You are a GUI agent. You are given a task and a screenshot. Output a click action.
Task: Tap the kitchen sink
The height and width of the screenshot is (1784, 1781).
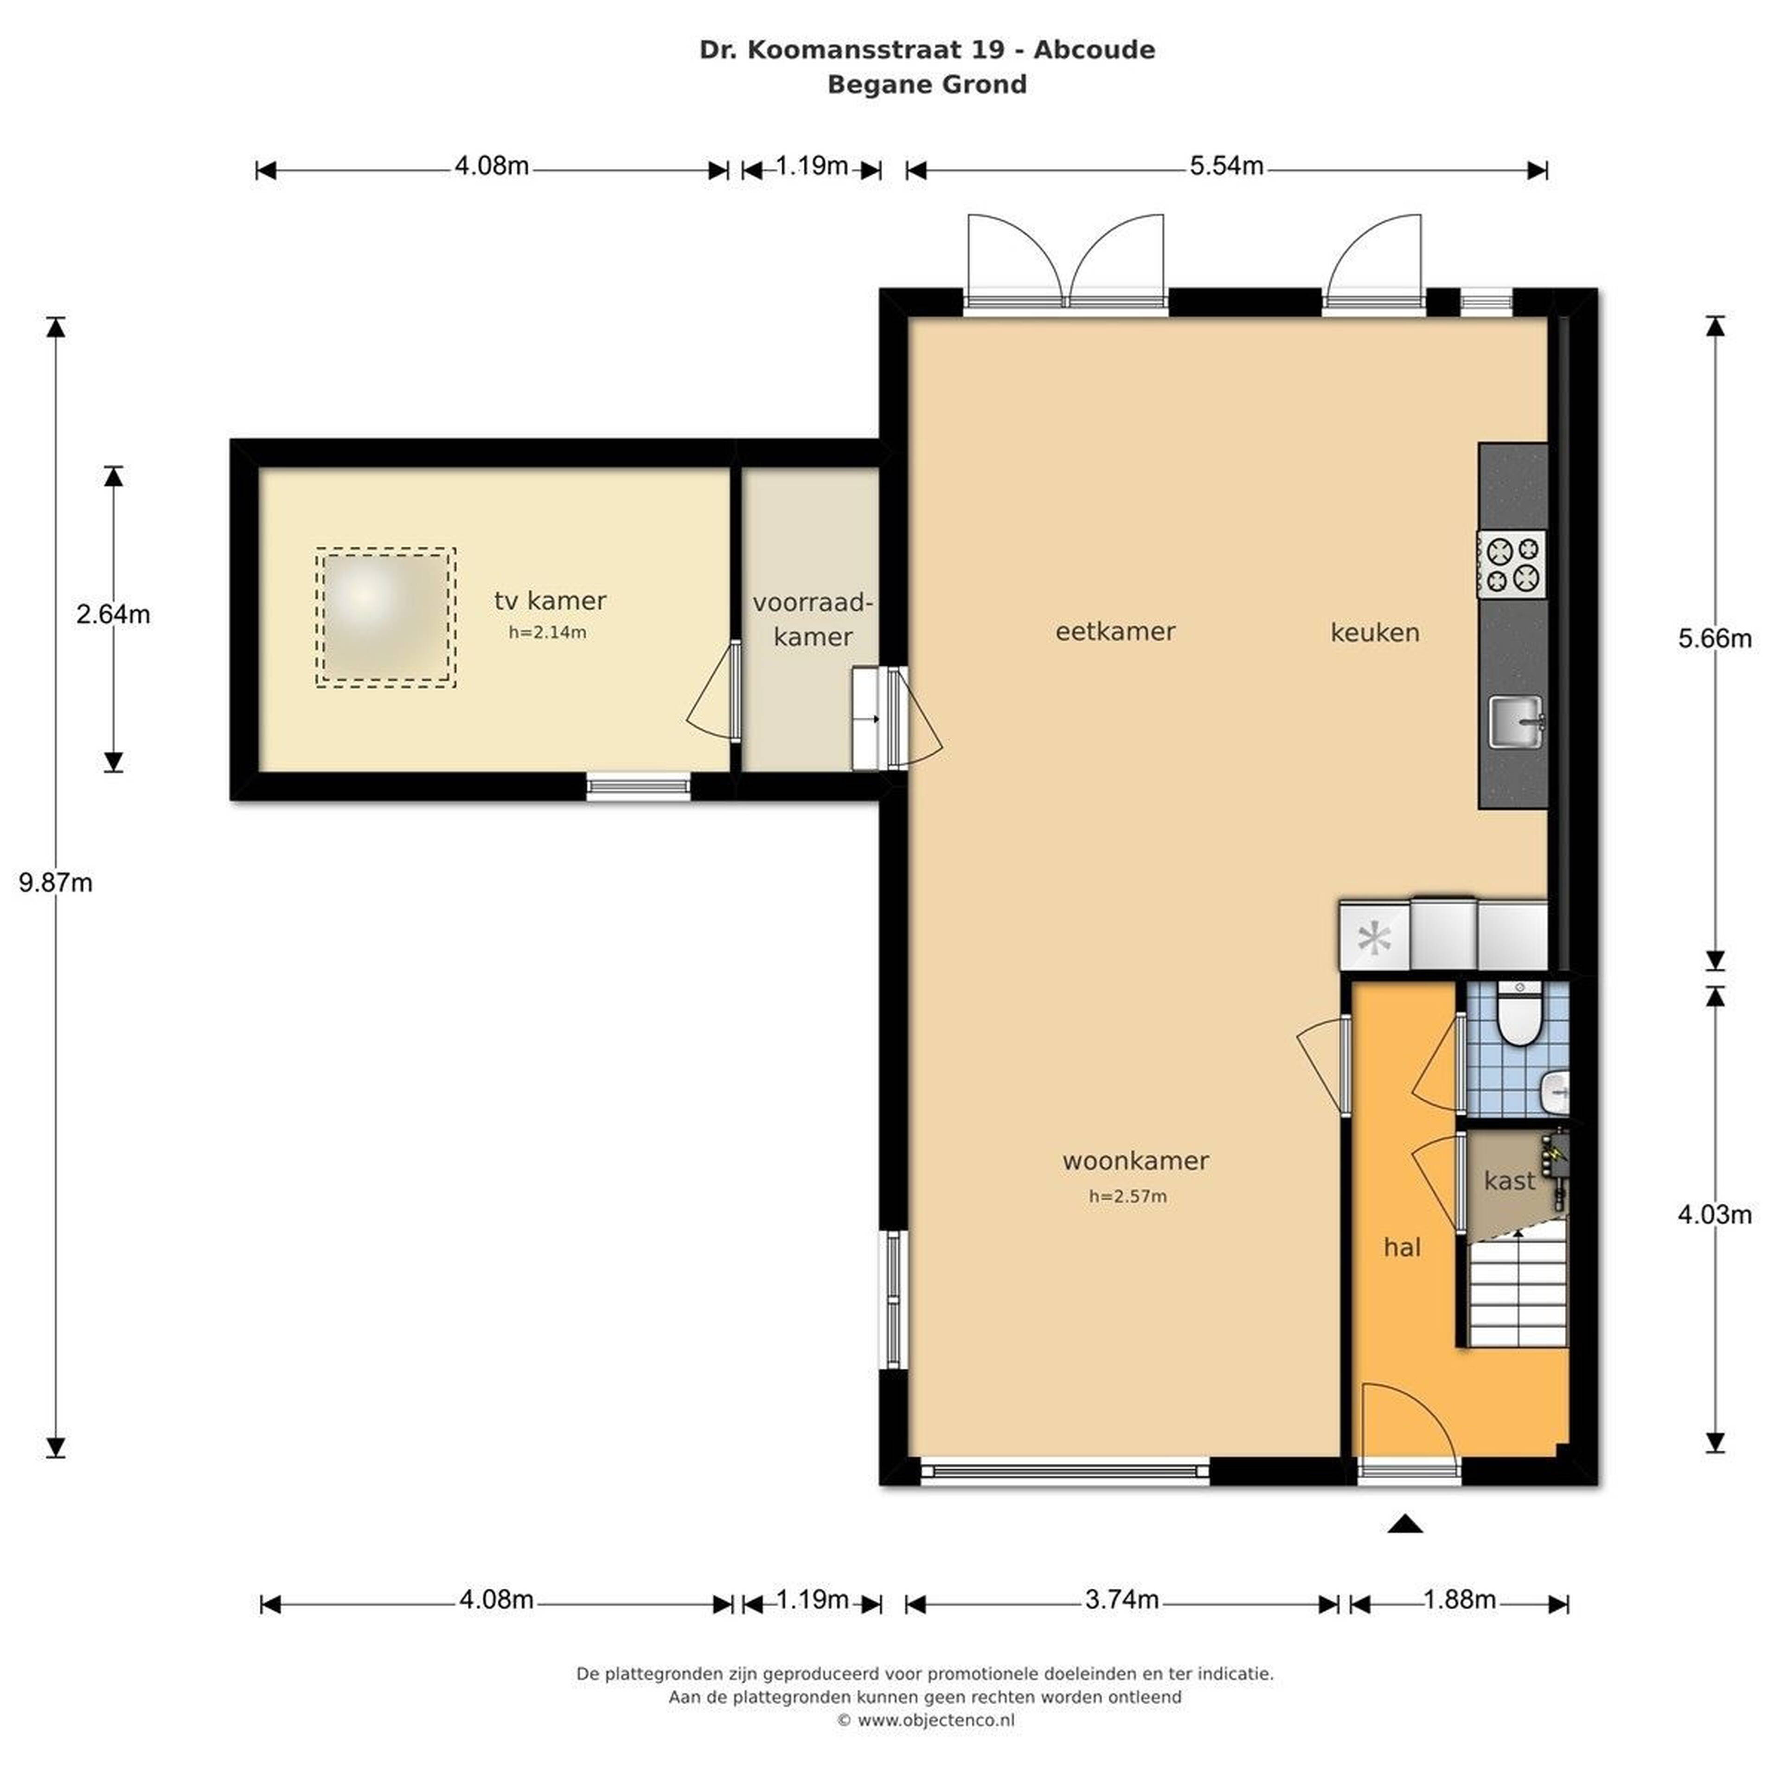click(x=1516, y=721)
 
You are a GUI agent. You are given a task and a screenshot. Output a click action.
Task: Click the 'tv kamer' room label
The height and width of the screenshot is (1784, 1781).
click(x=550, y=601)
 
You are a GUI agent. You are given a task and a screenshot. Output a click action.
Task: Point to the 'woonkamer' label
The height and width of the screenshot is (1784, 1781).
click(x=1136, y=1161)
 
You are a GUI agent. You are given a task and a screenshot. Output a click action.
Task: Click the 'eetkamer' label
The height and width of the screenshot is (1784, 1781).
click(x=1115, y=632)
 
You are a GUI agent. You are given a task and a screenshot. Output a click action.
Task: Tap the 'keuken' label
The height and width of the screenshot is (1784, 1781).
click(x=1375, y=633)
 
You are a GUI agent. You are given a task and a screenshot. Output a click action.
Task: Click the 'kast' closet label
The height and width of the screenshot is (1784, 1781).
click(x=1510, y=1180)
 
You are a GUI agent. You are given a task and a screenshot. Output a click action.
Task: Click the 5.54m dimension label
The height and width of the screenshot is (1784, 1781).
click(x=1226, y=166)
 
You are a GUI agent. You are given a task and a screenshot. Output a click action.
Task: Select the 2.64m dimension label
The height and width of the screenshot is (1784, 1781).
click(x=113, y=614)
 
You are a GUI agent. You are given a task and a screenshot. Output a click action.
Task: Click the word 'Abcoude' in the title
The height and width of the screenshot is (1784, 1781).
click(x=1094, y=50)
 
